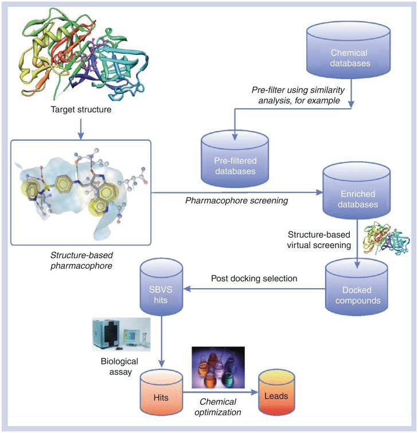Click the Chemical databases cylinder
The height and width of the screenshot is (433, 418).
tap(349, 50)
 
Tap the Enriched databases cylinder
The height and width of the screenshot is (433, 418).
tap(357, 191)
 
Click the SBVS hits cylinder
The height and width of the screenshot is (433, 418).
tap(161, 286)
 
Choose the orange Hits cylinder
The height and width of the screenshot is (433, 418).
tap(161, 392)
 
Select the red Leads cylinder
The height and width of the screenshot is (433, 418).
tap(276, 392)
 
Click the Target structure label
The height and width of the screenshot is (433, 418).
tap(81, 109)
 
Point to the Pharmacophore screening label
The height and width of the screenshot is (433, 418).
tap(236, 200)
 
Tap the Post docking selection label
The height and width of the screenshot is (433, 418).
tap(254, 278)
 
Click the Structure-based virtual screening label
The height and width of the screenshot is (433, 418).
tap(319, 239)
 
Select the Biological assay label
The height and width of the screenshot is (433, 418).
tap(120, 367)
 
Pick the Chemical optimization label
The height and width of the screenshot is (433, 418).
tap(218, 407)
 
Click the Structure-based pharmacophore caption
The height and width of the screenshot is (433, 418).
tap(81, 261)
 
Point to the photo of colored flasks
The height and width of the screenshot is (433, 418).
tap(218, 367)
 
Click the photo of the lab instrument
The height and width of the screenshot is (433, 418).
tap(121, 334)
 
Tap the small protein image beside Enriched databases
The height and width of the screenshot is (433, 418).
tap(386, 238)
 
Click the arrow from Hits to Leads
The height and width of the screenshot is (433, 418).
tap(220, 392)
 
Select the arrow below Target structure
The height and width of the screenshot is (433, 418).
tap(81, 129)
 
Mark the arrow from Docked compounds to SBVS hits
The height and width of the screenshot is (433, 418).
tap(255, 289)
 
